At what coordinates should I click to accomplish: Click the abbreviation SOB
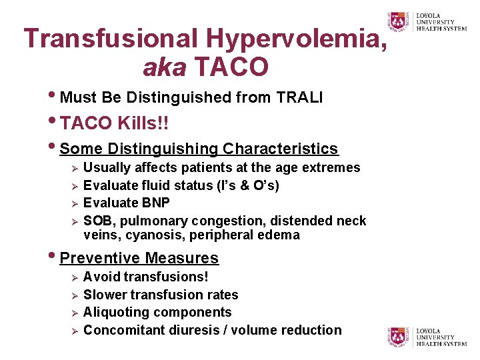[97, 221]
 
